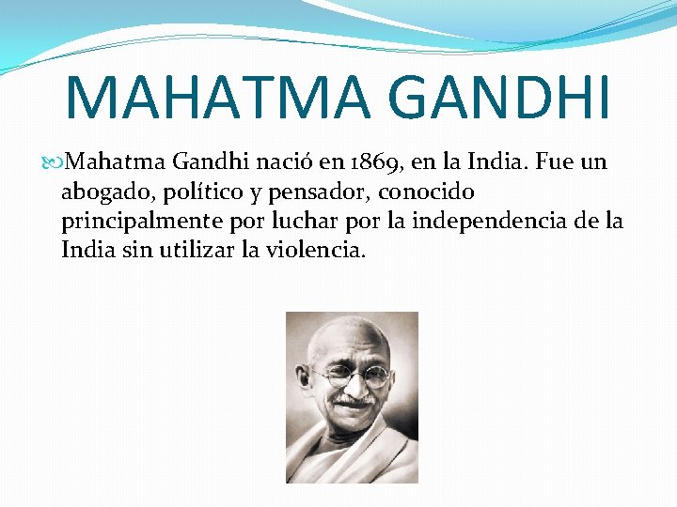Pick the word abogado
(x=102, y=192)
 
